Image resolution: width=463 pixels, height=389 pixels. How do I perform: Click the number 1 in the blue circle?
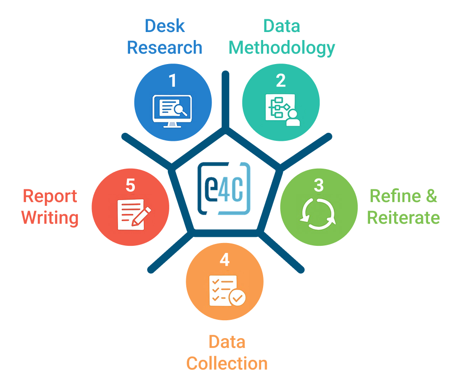click(x=173, y=81)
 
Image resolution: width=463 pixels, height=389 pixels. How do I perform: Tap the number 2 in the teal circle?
click(x=281, y=81)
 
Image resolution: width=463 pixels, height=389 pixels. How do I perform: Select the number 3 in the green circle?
click(x=319, y=185)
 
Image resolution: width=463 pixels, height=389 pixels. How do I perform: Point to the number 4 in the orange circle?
click(x=224, y=260)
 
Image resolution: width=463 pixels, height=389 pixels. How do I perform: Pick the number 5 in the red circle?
click(x=130, y=185)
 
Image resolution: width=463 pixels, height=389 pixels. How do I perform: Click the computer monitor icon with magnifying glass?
click(x=170, y=111)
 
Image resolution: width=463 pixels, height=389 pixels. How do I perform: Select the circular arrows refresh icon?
click(x=319, y=214)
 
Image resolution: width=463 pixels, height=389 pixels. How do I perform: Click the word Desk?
click(x=164, y=26)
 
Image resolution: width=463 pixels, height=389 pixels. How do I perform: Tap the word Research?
click(x=165, y=48)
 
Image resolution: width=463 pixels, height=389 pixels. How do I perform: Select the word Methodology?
click(x=281, y=48)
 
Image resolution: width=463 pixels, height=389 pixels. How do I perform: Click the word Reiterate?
click(x=403, y=218)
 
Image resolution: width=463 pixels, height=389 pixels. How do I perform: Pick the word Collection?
click(x=227, y=363)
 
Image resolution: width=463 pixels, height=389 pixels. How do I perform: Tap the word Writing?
click(x=50, y=218)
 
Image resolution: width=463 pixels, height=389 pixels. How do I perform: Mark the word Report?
click(x=50, y=196)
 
